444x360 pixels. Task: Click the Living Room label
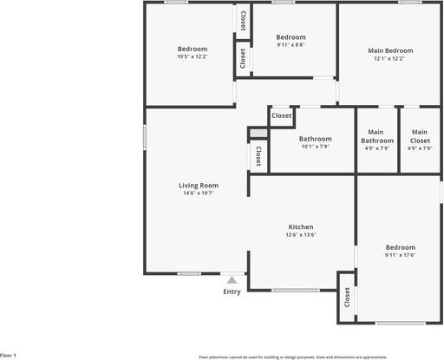point(199,185)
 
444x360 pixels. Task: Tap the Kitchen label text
point(301,226)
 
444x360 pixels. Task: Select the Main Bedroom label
point(389,49)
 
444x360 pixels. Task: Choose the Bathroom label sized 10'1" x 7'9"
point(316,139)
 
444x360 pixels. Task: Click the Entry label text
point(232,291)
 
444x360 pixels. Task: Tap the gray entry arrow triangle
point(232,280)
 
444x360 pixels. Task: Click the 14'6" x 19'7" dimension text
point(199,193)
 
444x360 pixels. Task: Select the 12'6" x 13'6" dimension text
point(301,235)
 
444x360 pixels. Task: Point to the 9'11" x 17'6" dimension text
point(401,255)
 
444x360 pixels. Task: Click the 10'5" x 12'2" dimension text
point(193,57)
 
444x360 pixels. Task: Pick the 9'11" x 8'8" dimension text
point(291,45)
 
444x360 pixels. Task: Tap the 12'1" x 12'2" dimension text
point(389,58)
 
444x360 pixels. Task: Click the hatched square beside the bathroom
point(258,133)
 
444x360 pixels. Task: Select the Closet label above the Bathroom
point(282,115)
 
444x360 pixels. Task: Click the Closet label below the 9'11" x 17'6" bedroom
point(347,298)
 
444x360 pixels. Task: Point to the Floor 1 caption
point(8,356)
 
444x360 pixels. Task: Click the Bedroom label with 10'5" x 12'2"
point(193,49)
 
